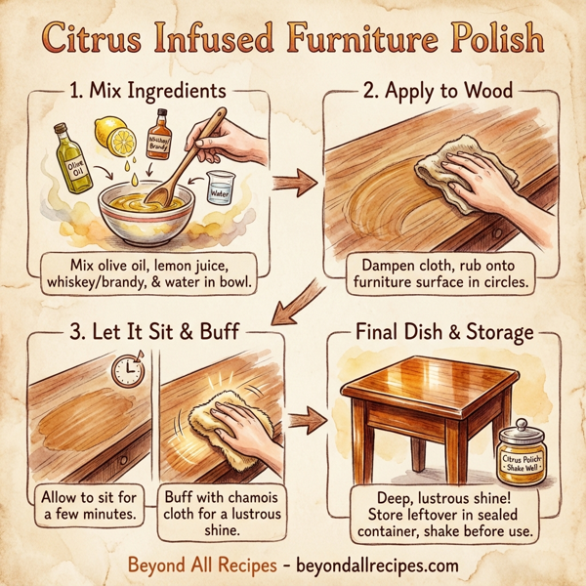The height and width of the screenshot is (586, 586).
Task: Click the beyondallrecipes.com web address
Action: pyautogui.click(x=367, y=565)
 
